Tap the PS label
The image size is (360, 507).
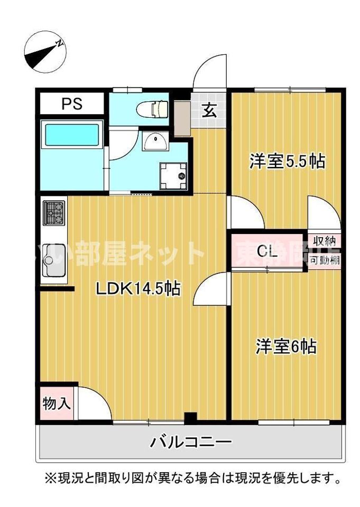(x=72, y=104)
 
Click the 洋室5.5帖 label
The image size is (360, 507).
(x=287, y=161)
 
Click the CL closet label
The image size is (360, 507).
(x=267, y=252)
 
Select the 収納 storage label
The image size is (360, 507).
(x=323, y=241)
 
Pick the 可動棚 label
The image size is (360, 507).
(x=323, y=260)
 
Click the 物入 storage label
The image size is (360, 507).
(x=57, y=403)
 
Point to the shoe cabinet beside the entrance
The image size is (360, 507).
(x=182, y=118)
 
